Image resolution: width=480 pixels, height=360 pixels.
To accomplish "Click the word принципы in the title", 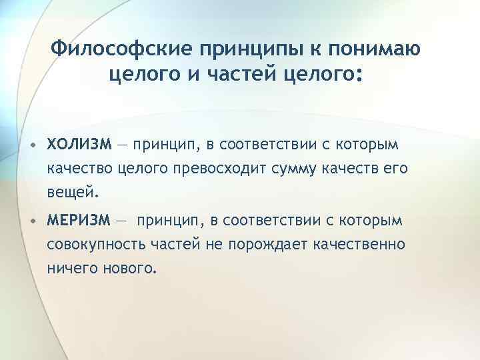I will (243, 51).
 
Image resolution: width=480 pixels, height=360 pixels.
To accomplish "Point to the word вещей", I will (73, 194).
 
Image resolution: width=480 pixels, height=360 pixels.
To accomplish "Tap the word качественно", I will (359, 245).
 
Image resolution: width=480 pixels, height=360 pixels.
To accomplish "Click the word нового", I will (132, 269).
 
